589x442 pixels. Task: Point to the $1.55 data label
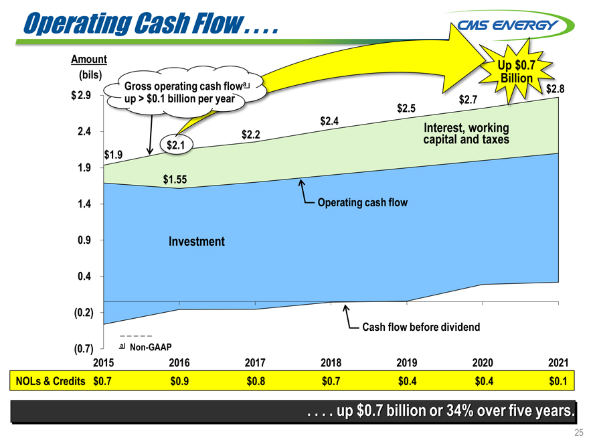[x=175, y=179]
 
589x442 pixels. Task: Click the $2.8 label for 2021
[x=557, y=88]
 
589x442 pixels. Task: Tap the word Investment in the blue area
[x=196, y=241]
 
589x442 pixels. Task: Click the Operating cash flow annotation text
[x=362, y=202]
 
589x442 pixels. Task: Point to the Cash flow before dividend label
[x=421, y=327]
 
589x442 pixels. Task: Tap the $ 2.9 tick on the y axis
[x=82, y=95]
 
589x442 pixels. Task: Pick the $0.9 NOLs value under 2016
[x=180, y=381]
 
